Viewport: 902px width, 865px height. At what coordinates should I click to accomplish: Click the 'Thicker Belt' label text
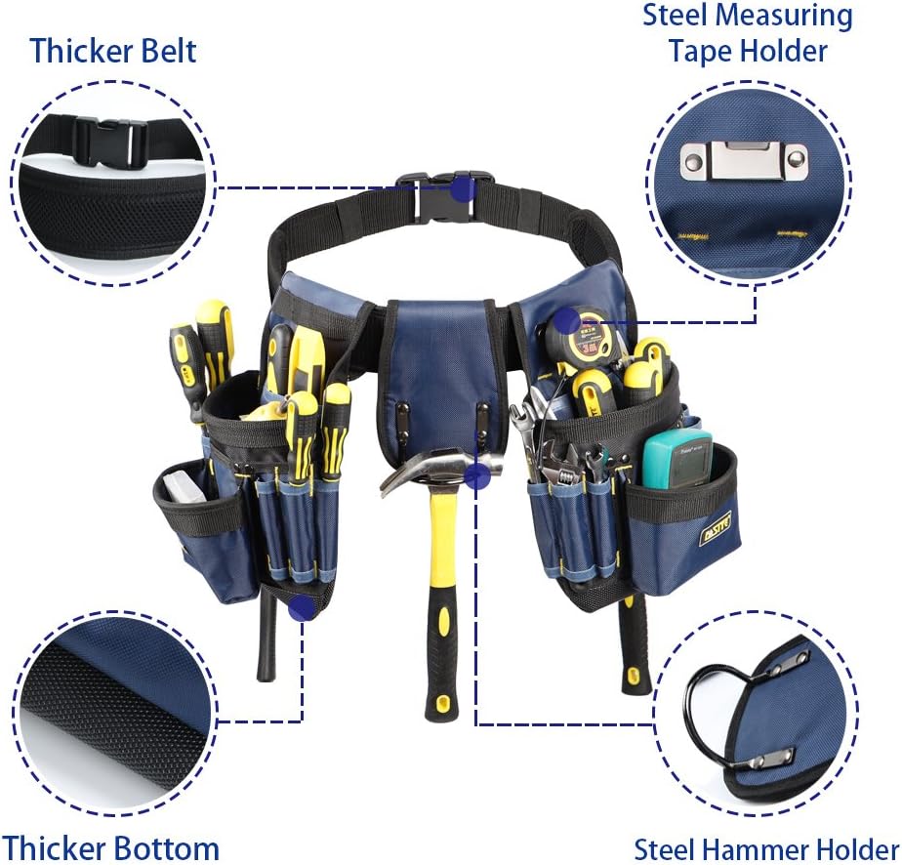pyautogui.click(x=113, y=50)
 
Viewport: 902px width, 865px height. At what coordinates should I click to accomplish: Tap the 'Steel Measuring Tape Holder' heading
pyautogui.click(x=747, y=32)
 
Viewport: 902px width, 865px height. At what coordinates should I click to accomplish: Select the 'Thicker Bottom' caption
pyautogui.click(x=109, y=846)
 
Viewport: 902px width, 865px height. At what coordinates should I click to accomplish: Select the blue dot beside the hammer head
pyautogui.click(x=476, y=476)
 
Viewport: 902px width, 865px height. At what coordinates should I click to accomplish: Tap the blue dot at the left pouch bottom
pyautogui.click(x=304, y=608)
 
